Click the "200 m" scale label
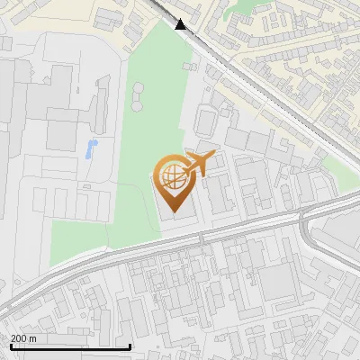(x=23, y=338)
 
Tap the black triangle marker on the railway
(x=182, y=24)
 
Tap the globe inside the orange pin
(x=171, y=176)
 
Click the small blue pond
(x=90, y=149)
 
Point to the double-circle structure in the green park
(x=139, y=92)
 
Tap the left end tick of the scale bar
(x=11, y=346)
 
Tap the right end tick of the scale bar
(x=130, y=346)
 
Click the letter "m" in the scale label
(x=32, y=338)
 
